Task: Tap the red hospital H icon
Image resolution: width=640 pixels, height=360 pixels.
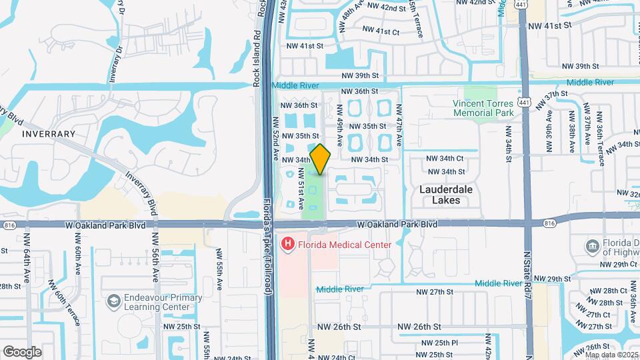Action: tap(288, 245)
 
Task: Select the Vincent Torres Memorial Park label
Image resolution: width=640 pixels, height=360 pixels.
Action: tap(483, 108)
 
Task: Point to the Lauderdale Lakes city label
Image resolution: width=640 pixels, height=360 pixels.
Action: tap(446, 194)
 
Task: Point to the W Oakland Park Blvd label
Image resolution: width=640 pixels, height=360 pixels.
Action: tap(396, 225)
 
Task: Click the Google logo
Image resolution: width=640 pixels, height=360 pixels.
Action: tap(22, 351)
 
